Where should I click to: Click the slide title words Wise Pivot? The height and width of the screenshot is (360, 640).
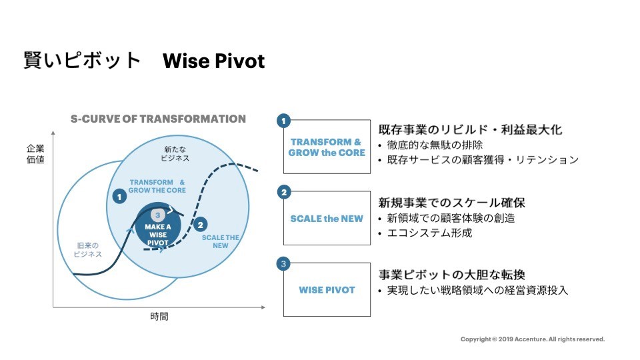pos(213,61)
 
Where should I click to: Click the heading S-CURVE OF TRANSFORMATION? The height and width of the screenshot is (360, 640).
pos(158,119)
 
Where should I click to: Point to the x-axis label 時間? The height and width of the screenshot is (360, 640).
pos(159,317)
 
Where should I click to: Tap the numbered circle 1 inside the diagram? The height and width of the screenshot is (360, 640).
pos(119,197)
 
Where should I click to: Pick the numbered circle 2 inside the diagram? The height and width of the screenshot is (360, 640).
pos(201,225)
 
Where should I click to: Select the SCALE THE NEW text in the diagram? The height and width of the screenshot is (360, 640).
pos(221,241)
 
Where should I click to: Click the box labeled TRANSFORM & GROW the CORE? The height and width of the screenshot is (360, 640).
pos(327,147)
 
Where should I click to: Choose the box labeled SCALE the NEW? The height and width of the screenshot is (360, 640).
pos(327,218)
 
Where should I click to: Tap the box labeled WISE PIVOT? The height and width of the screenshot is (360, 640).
pos(327,289)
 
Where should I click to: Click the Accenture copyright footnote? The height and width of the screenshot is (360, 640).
pos(533,339)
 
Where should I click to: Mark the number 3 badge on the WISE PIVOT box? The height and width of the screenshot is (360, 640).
pos(283,264)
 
